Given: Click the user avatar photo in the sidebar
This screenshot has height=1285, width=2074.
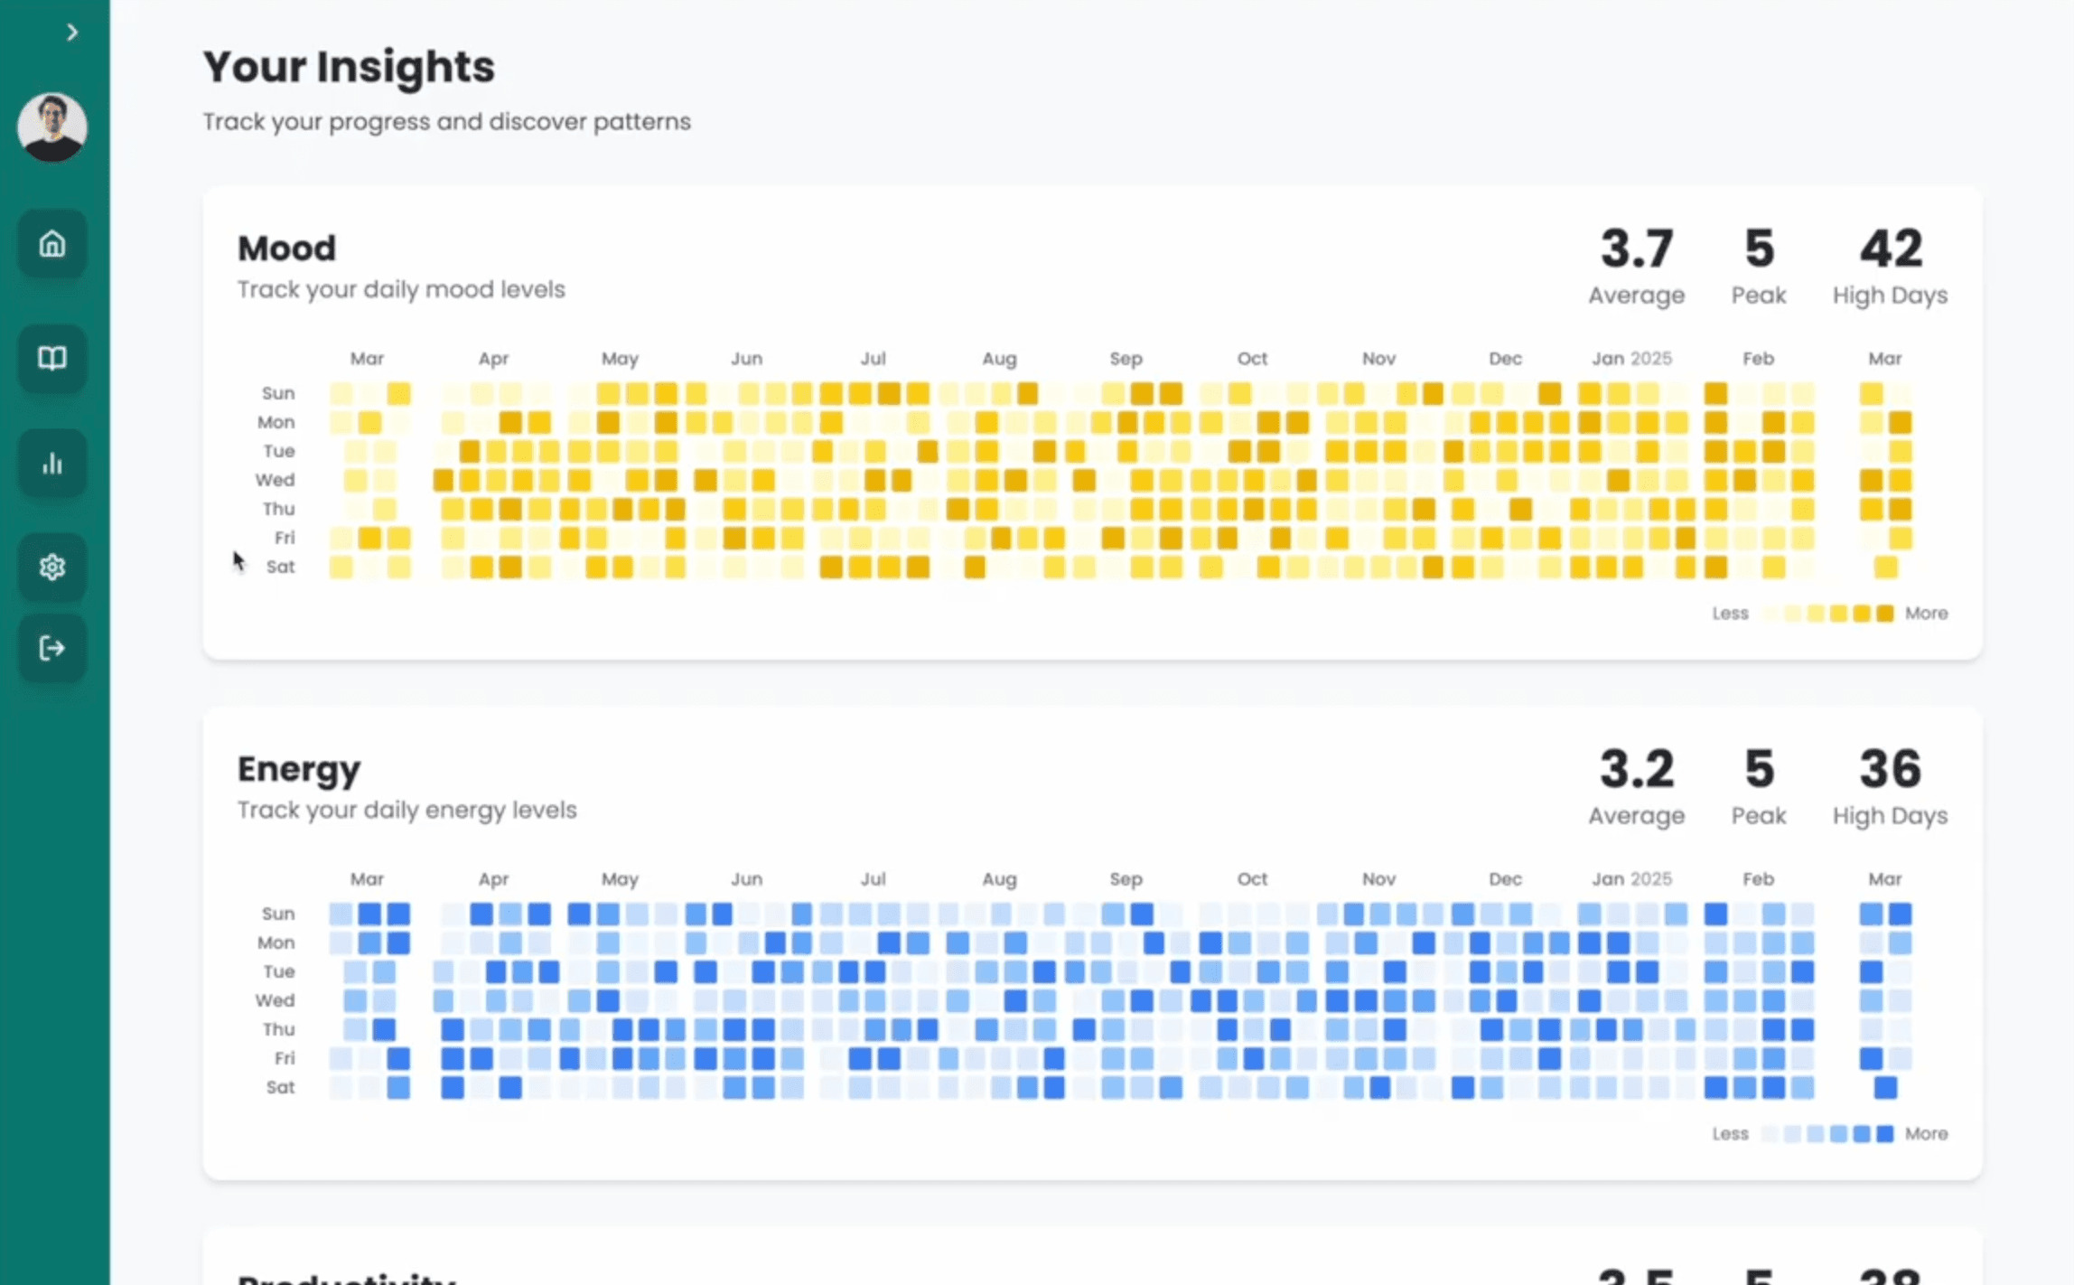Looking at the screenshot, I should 52,127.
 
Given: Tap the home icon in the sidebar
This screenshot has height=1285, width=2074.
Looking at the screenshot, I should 52,244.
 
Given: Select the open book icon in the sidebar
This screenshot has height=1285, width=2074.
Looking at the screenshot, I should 52,358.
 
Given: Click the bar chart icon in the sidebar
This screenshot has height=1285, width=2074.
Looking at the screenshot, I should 52,464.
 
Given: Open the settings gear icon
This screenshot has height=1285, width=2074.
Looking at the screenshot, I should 52,567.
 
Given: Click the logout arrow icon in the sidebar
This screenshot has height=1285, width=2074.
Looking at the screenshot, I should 52,648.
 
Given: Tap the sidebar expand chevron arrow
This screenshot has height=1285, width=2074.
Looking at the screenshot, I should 72,33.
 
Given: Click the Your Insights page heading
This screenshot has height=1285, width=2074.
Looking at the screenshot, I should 349,67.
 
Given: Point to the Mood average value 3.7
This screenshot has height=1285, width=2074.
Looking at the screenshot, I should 1636,249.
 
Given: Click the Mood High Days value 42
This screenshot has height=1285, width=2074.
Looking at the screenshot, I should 1890,249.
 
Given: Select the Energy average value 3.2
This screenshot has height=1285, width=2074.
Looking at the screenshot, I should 1636,769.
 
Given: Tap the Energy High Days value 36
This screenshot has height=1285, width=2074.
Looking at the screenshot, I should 1890,769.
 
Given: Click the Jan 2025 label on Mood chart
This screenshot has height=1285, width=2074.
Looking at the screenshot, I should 1630,359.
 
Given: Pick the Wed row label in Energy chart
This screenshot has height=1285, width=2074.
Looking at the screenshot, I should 275,1000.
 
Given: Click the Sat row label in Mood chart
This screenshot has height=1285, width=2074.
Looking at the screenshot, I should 280,567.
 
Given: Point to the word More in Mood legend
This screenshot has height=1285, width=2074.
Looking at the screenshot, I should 1926,614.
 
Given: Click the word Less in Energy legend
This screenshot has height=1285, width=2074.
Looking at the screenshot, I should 1730,1134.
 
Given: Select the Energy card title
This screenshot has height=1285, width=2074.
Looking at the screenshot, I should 299,769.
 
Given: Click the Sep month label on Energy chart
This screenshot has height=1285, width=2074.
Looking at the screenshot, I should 1126,879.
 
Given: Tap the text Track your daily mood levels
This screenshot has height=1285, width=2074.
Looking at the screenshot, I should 401,290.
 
